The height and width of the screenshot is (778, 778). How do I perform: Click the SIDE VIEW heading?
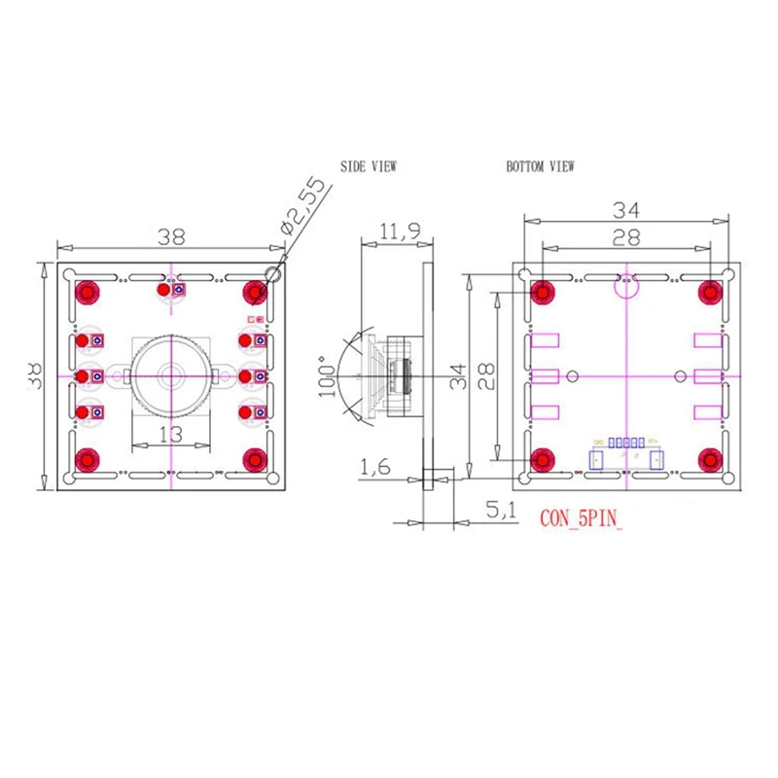[x=368, y=166]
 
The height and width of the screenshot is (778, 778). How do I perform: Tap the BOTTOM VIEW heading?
[x=540, y=166]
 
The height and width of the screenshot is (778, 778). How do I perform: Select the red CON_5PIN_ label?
[x=581, y=518]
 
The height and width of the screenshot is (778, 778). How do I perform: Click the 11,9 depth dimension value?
[x=400, y=231]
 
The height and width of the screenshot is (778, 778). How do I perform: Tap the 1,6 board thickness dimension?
[x=376, y=468]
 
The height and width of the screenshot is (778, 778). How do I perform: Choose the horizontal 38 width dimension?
[x=171, y=235]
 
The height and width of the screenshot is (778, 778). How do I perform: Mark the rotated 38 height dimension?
[x=35, y=374]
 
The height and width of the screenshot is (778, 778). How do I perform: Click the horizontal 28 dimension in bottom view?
[x=626, y=236]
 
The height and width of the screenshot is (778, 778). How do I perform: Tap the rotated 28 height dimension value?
[x=485, y=374]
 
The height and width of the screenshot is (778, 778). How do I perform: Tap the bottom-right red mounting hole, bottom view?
[x=711, y=457]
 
